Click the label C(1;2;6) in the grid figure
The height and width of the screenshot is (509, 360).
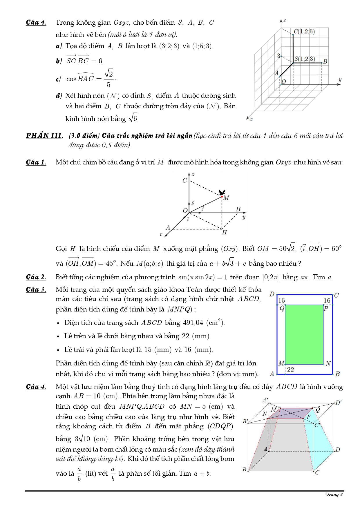tap(304, 31)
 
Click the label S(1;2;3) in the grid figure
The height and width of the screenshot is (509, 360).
tap(305, 59)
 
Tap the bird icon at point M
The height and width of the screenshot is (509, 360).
tap(222, 192)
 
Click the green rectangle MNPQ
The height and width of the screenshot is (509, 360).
tap(304, 334)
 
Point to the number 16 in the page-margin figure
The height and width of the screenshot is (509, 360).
tap(327, 300)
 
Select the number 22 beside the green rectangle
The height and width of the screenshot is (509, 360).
tap(290, 369)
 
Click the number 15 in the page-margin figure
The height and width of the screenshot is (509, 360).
tap(281, 300)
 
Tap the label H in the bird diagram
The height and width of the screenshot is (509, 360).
tap(224, 232)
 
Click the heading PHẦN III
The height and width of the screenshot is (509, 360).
tap(44, 135)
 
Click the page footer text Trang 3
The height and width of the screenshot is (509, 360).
tap(334, 494)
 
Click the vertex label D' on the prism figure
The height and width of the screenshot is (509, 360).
tap(339, 403)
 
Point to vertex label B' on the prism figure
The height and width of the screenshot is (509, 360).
tap(245, 421)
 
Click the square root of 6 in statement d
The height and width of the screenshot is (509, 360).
tap(133, 118)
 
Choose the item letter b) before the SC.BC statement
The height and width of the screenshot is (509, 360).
tap(59, 61)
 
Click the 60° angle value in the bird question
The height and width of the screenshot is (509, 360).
tap(337, 249)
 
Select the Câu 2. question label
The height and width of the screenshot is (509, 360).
tap(36, 277)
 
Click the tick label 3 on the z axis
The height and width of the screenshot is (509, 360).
tap(278, 56)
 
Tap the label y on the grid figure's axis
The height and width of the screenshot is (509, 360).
tap(340, 79)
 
